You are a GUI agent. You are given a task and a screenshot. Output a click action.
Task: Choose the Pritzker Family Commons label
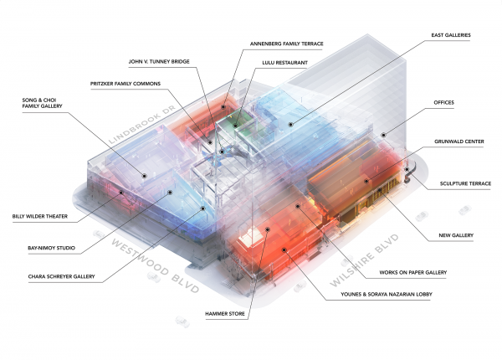[128, 84]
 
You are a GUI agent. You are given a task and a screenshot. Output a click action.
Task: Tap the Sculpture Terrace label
[459, 183]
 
